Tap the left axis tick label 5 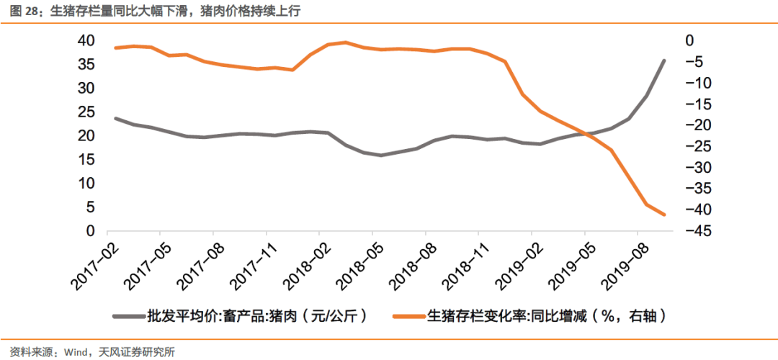91,207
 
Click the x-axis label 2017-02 95,264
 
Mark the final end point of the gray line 663,60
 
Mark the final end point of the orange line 663,215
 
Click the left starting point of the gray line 116,118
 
